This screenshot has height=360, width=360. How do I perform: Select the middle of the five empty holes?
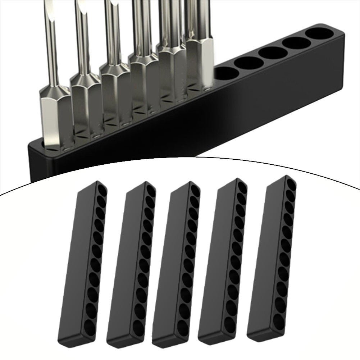272,53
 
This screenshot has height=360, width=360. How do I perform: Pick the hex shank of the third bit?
113,92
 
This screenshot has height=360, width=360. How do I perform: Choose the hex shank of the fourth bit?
143,81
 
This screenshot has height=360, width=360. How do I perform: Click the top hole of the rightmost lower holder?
292,184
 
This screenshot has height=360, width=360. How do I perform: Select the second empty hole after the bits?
249,63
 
